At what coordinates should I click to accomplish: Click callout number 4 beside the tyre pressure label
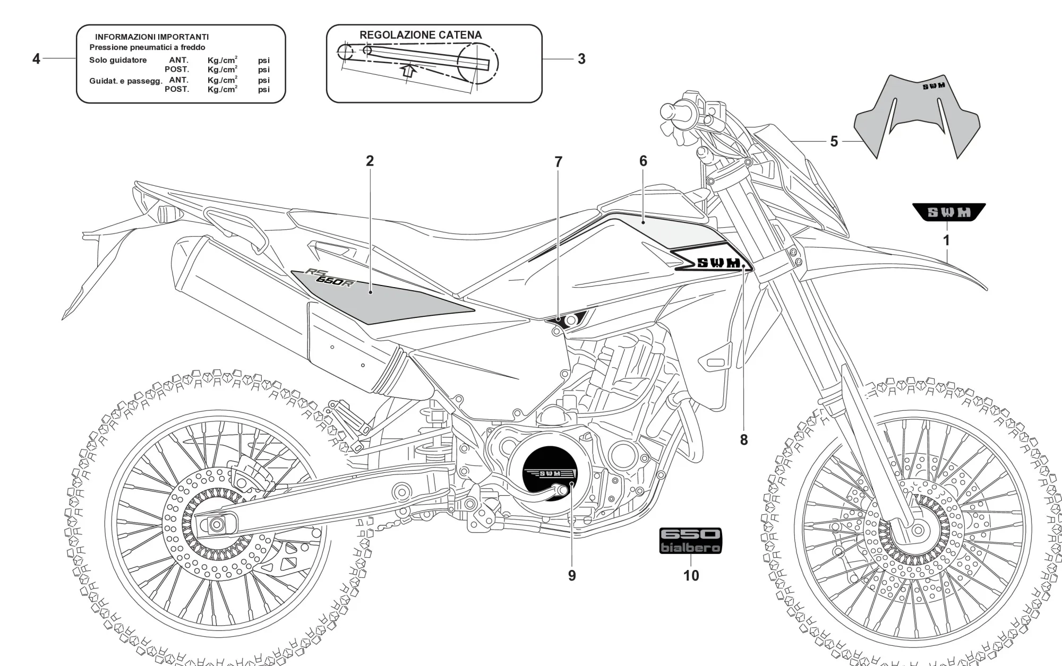point(36,59)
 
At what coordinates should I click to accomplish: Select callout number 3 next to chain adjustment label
point(581,59)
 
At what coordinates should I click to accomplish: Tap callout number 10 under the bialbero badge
point(691,576)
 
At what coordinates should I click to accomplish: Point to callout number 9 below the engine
point(572,576)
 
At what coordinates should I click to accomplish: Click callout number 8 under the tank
point(743,440)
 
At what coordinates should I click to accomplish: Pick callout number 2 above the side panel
point(370,161)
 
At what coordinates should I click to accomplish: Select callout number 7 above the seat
point(558,162)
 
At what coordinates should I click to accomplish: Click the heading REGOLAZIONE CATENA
point(421,36)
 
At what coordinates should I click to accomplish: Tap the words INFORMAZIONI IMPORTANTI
point(152,37)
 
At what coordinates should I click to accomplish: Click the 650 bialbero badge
point(690,541)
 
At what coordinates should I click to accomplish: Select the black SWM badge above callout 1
point(949,212)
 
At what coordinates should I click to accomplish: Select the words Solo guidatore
point(118,60)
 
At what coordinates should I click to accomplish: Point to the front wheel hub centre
point(918,529)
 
